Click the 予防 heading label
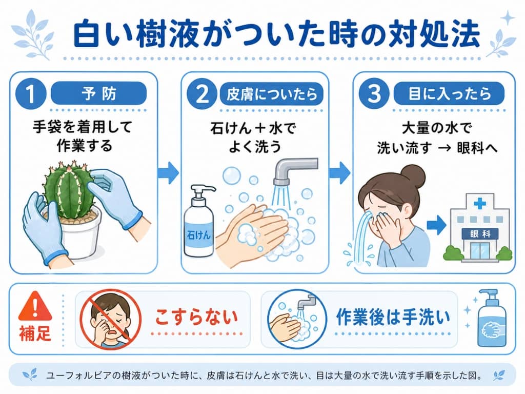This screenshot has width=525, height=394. tap(98, 94)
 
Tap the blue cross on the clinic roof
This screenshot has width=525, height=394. tap(480, 204)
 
